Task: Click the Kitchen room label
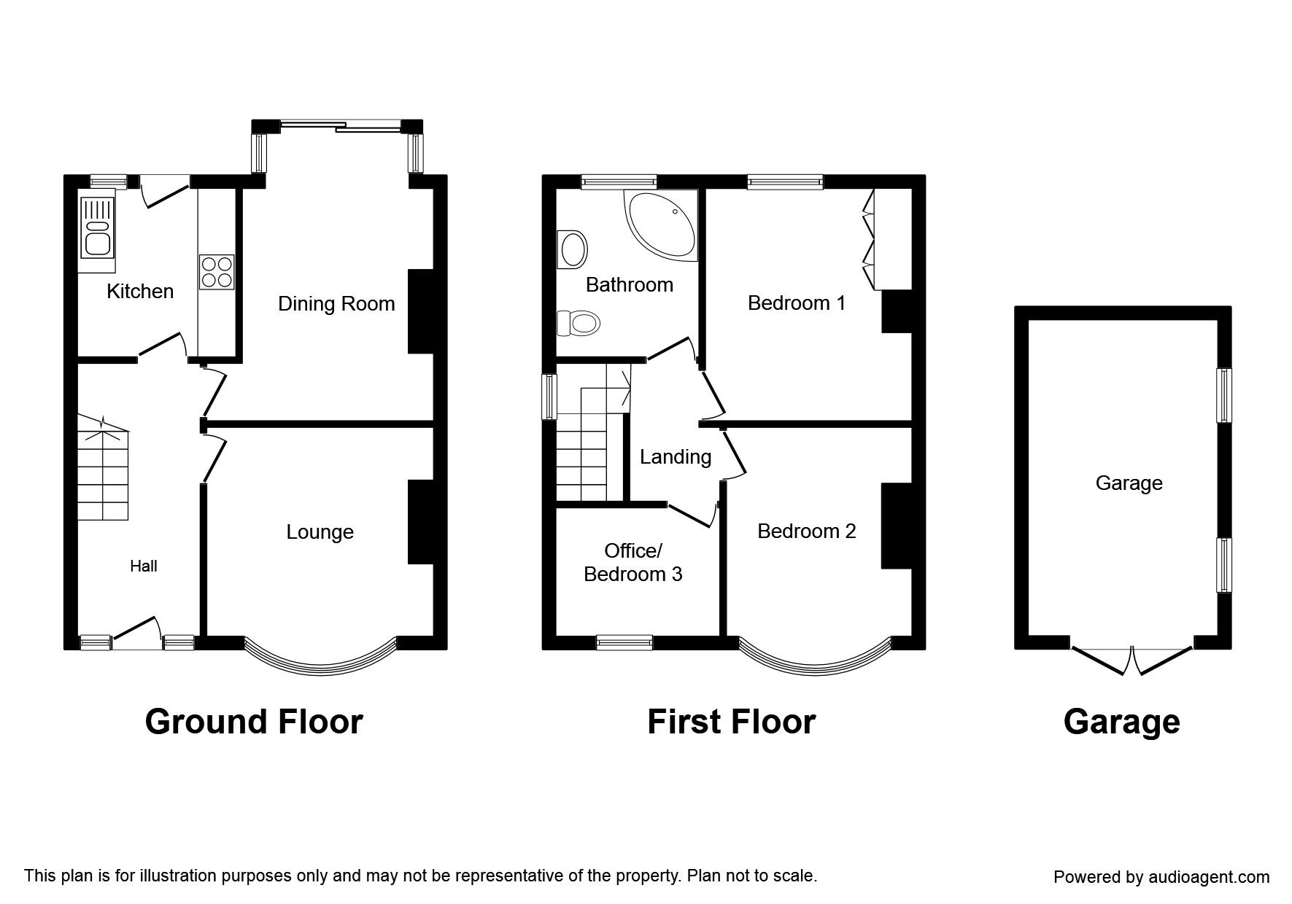click(140, 292)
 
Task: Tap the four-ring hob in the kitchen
click(217, 272)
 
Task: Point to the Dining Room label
click(336, 304)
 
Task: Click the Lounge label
click(320, 532)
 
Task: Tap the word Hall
click(144, 566)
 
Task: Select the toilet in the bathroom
click(576, 322)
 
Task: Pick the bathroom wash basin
click(573, 249)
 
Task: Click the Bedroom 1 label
click(797, 303)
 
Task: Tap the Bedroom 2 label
click(806, 531)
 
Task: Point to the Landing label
click(676, 457)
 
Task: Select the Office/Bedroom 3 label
click(633, 563)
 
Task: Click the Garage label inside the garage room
click(1129, 483)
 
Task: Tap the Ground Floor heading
click(254, 722)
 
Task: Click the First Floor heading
click(731, 722)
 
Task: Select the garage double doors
click(1132, 660)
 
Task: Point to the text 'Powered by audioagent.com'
click(1161, 877)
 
